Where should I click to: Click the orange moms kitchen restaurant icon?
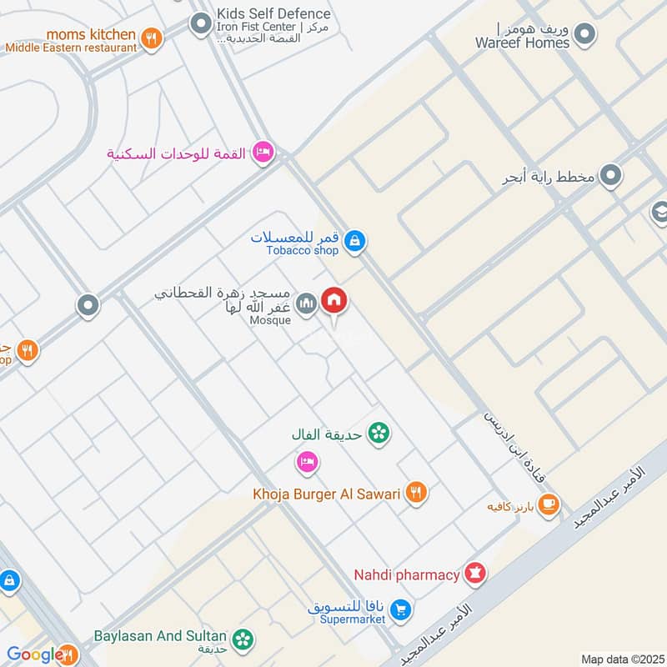pyautogui.click(x=151, y=38)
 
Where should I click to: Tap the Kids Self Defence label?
pyautogui.click(x=273, y=13)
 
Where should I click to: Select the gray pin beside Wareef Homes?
pyautogui.click(x=585, y=35)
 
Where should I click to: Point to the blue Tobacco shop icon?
pyautogui.click(x=355, y=242)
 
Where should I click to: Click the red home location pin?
pyautogui.click(x=334, y=301)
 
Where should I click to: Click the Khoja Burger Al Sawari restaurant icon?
pyautogui.click(x=416, y=493)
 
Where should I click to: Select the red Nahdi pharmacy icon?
pyautogui.click(x=476, y=574)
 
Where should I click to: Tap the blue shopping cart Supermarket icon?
pyautogui.click(x=401, y=611)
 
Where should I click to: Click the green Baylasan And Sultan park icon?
pyautogui.click(x=243, y=639)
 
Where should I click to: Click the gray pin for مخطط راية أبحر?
pyautogui.click(x=612, y=175)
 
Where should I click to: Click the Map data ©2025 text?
pyautogui.click(x=621, y=659)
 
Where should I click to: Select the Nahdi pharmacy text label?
pyautogui.click(x=407, y=574)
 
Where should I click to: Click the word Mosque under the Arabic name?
pyautogui.click(x=270, y=320)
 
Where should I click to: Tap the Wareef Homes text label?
pyautogui.click(x=523, y=43)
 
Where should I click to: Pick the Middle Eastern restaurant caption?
pyautogui.click(x=71, y=48)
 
